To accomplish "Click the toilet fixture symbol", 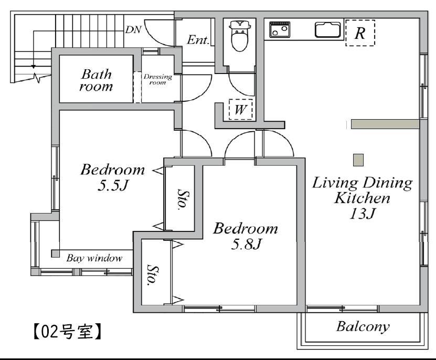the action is pyautogui.click(x=240, y=36).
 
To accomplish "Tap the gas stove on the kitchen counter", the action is pyautogui.click(x=280, y=29).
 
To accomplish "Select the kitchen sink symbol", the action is pyautogui.click(x=328, y=29).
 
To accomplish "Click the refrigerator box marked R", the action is pyautogui.click(x=360, y=33).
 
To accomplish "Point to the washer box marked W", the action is pyautogui.click(x=240, y=109).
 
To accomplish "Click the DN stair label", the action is pyautogui.click(x=133, y=29).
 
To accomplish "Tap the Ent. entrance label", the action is pyautogui.click(x=198, y=40).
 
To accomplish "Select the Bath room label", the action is pyautogui.click(x=96, y=80).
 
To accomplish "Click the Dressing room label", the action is pyautogui.click(x=157, y=79).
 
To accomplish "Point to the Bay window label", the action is pyautogui.click(x=94, y=258).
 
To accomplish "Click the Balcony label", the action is pyautogui.click(x=363, y=326).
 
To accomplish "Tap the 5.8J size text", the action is pyautogui.click(x=247, y=244).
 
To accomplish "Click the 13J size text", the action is pyautogui.click(x=363, y=214).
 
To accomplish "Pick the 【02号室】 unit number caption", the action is pyautogui.click(x=67, y=331).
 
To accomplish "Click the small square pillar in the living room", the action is pyautogui.click(x=358, y=160).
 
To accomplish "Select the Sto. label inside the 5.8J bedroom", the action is pyautogui.click(x=153, y=275).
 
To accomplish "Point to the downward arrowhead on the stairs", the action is pyautogui.click(x=34, y=67).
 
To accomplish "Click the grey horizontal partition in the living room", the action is pyautogui.click(x=385, y=124).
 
